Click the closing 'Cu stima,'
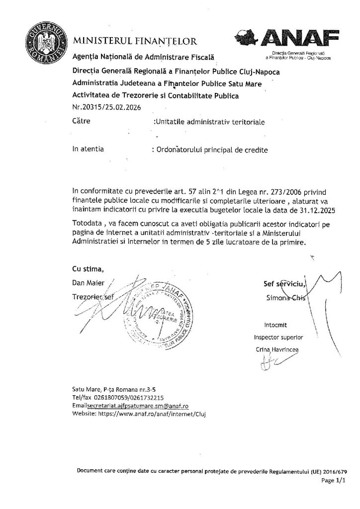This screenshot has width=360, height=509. coord(89,269)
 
